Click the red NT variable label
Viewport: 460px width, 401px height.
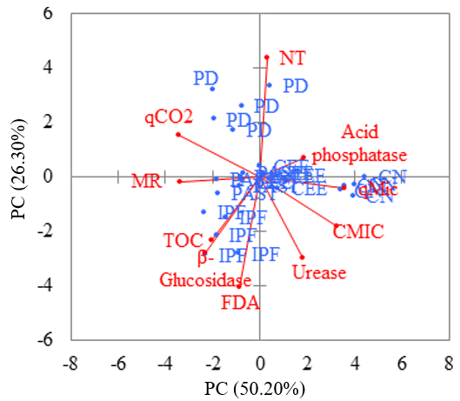292,58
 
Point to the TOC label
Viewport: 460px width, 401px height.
182,240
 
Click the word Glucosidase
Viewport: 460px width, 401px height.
205,280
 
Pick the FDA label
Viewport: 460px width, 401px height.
240,303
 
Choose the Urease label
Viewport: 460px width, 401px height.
319,273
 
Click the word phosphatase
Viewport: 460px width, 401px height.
359,156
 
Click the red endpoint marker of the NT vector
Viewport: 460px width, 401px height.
267,58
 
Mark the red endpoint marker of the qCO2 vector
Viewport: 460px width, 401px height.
177,134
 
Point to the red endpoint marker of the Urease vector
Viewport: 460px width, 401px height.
302,257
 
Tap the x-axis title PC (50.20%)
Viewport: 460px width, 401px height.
254,386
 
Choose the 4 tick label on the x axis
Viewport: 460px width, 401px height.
355,364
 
